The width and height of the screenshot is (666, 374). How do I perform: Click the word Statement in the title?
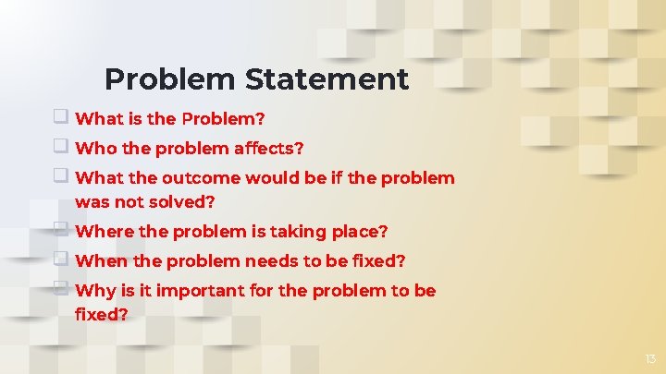327,79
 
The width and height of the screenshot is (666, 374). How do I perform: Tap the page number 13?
649,358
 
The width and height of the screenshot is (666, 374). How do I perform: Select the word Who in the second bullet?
92,148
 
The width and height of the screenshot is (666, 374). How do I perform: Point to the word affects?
267,148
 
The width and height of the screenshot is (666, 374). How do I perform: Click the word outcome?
193,177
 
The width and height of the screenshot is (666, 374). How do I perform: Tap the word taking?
290,231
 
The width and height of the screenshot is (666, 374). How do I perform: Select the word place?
355,231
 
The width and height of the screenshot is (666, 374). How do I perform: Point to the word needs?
253,260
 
